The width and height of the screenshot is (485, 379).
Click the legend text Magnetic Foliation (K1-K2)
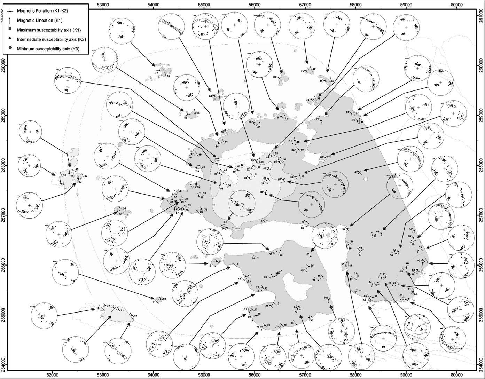tap(42, 11)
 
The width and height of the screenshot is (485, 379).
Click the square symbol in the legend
tap(10, 30)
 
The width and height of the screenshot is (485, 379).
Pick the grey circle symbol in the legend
tap(10, 49)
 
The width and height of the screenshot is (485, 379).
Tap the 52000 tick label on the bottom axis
tap(52, 375)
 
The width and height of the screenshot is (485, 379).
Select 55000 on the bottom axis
tap(204, 375)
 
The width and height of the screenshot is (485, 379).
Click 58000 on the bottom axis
tap(355, 375)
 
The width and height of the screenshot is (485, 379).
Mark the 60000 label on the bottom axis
tap(456, 375)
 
